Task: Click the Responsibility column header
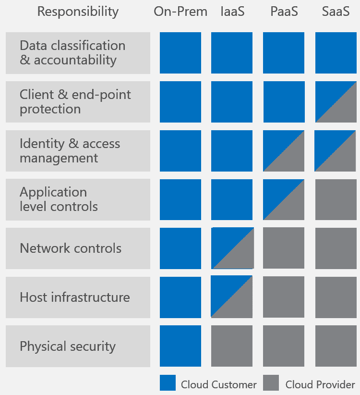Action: (78, 12)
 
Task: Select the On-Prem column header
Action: (180, 12)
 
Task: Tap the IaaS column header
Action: (232, 12)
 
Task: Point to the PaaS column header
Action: (284, 12)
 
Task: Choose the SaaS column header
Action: (336, 12)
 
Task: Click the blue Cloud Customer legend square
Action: (168, 383)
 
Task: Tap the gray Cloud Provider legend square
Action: (271, 383)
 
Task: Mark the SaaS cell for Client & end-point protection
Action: (336, 102)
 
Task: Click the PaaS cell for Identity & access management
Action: (284, 151)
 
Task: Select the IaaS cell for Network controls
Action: (232, 248)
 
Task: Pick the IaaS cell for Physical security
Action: (232, 346)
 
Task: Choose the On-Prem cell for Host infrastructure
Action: (180, 297)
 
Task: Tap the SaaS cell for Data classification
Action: (336, 53)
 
